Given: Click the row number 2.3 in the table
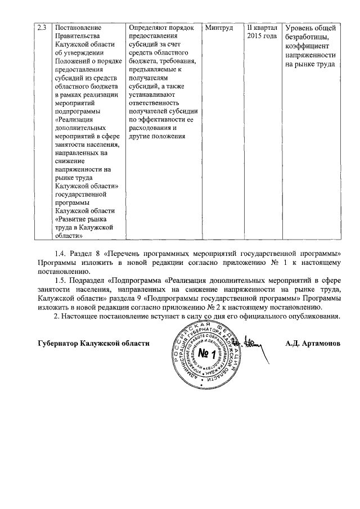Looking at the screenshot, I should point(40,28).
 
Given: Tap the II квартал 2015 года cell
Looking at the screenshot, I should point(262,32).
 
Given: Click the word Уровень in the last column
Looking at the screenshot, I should point(300,28).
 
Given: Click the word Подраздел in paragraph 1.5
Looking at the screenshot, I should point(89,280).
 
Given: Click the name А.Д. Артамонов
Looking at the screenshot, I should point(313,343).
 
